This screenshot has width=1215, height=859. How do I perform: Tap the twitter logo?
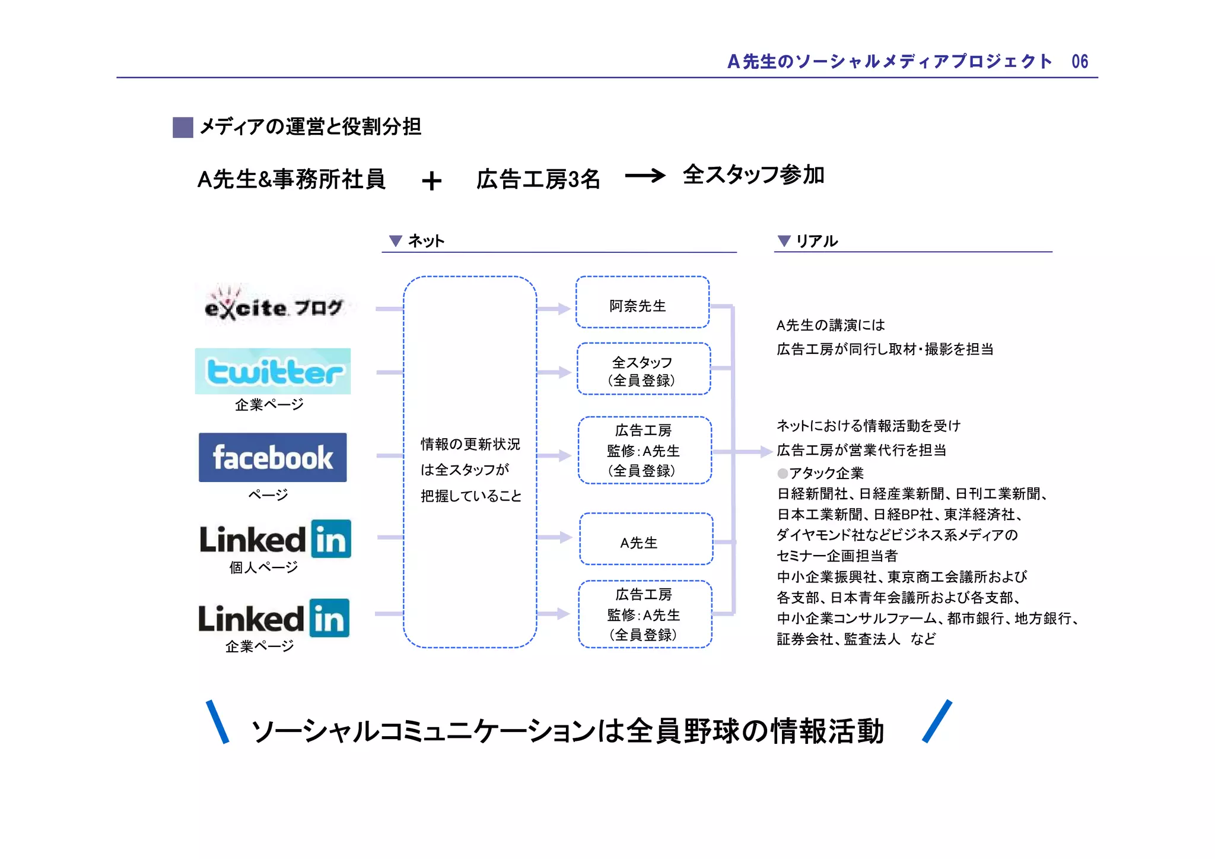point(273,372)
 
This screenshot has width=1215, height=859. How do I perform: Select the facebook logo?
point(273,457)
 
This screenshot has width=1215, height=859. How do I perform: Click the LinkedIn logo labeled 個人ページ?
point(275,539)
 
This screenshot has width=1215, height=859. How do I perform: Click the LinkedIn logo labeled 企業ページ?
point(274,618)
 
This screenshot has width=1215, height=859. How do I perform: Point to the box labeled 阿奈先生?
point(643,303)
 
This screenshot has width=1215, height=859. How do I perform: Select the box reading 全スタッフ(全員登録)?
point(644,369)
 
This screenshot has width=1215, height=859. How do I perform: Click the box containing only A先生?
point(646,539)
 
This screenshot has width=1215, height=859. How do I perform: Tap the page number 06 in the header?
point(1080,61)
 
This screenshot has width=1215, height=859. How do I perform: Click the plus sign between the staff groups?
point(432,180)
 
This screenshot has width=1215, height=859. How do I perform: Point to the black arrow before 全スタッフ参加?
point(645,176)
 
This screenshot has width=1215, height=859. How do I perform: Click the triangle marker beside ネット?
point(395,240)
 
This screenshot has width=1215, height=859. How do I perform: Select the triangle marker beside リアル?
point(784,240)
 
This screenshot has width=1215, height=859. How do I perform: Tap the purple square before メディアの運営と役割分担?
point(183,127)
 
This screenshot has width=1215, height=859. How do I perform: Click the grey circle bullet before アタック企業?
point(783,473)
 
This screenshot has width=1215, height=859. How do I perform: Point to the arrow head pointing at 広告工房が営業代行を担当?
point(766,452)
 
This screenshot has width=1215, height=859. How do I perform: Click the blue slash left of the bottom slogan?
point(217,722)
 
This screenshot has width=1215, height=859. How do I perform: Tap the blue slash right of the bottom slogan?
point(937,721)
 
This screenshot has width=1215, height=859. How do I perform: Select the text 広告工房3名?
point(538,179)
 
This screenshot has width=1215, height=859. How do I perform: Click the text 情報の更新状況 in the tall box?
point(470,444)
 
